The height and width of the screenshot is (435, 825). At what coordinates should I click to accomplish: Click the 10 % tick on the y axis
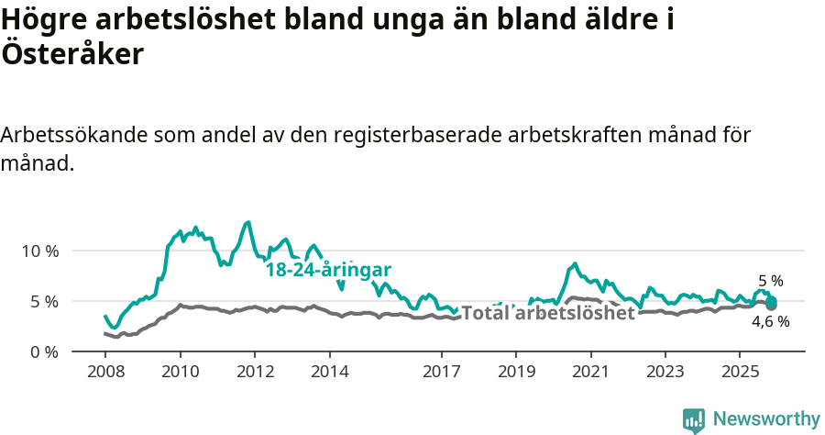pos(39,251)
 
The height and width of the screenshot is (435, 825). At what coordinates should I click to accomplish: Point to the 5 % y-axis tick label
pos(43,301)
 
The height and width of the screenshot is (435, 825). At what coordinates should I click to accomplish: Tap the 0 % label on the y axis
pos(43,351)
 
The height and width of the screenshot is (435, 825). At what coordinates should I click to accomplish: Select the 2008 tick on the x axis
pos(105,372)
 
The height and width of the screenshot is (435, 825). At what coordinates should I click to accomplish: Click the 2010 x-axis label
pos(180,372)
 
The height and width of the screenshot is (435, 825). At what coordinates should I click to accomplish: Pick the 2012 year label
pos(255,372)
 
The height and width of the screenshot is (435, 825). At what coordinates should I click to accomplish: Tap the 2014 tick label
pos(329,372)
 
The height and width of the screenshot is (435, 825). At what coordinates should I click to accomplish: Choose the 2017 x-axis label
pos(441,372)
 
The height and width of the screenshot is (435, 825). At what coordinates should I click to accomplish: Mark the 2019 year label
pos(515,372)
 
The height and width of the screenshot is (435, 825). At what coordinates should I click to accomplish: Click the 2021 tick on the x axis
pos(590,372)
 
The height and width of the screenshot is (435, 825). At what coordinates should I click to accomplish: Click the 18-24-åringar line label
pos(329,270)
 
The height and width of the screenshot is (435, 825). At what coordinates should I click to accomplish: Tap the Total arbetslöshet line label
pos(548,313)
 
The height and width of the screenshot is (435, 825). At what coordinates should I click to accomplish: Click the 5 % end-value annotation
pos(770,281)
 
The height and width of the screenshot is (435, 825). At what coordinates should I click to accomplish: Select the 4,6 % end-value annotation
pos(770,321)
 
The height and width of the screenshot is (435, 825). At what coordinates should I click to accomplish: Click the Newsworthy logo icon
pos(694,419)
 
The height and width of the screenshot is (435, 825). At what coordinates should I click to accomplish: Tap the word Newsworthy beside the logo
pos(766,418)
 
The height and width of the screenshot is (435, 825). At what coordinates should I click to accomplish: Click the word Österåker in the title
pos(72,55)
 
